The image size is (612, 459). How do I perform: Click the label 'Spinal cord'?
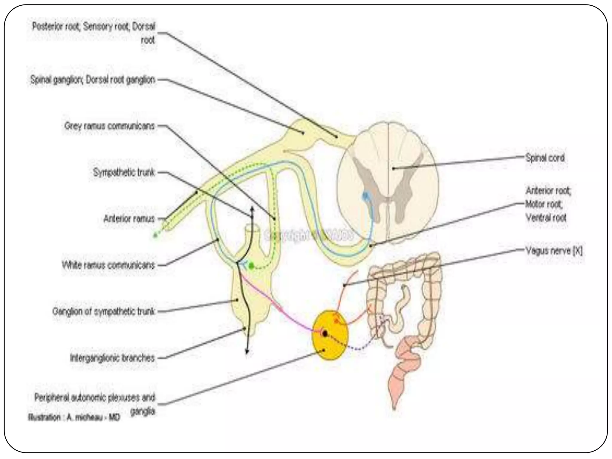[x=545, y=158]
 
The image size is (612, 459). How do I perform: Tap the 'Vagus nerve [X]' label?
[x=554, y=251]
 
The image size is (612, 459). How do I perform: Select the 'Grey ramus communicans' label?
[x=110, y=126]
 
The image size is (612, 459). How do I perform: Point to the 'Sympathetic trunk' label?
[x=124, y=172]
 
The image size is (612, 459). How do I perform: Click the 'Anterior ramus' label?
[x=129, y=219]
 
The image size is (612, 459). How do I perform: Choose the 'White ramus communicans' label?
[x=108, y=265]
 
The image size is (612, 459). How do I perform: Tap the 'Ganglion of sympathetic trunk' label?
[x=104, y=311]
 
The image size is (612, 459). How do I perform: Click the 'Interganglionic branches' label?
[x=112, y=358]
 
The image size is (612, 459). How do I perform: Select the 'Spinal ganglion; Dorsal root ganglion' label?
[x=93, y=80]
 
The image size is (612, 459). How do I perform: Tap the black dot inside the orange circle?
[x=325, y=333]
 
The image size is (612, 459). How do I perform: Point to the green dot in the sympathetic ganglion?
[x=252, y=265]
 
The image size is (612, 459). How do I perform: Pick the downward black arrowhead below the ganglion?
[x=247, y=352]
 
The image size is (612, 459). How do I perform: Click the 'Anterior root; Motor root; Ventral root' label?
[x=548, y=204]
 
